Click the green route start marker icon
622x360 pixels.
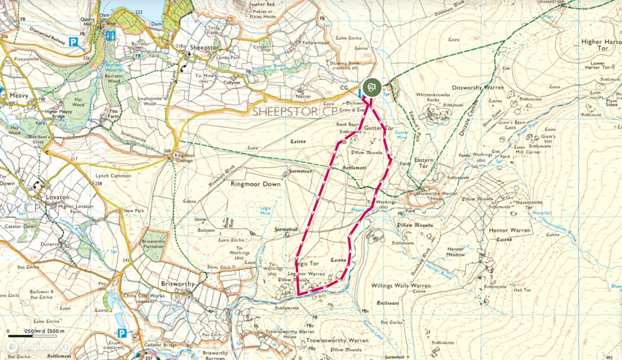[x=371, y=88]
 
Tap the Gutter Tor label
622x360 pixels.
[x=379, y=128]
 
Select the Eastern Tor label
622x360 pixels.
[x=423, y=163]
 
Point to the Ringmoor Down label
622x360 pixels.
[x=255, y=184]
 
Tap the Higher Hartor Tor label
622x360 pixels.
[x=601, y=45]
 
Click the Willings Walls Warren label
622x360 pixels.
[x=401, y=286]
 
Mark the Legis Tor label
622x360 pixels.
[x=307, y=263]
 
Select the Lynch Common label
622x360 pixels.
[x=113, y=176]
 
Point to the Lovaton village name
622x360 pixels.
[x=57, y=197]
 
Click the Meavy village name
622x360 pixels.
[x=19, y=95]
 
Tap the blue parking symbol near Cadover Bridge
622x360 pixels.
[x=121, y=333]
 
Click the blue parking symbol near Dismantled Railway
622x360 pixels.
[x=73, y=42]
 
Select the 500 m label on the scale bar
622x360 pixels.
[x=56, y=331]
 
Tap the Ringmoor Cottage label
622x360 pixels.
[x=184, y=158]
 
